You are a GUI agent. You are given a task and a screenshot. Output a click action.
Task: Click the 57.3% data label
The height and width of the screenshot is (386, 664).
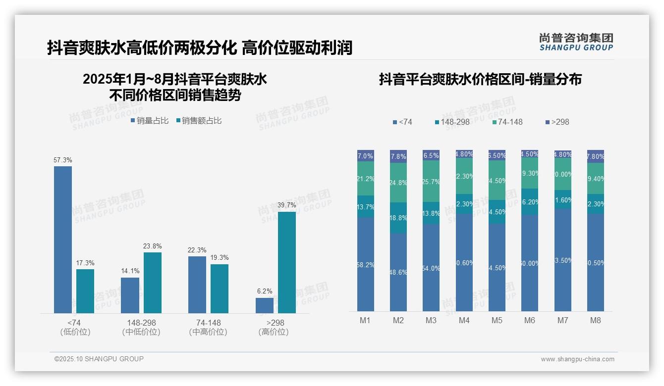tap(63, 160)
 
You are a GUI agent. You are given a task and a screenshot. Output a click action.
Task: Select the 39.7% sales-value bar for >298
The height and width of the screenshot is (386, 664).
tap(287, 262)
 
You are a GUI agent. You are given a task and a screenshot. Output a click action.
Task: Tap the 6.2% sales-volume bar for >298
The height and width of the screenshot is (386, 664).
tap(265, 305)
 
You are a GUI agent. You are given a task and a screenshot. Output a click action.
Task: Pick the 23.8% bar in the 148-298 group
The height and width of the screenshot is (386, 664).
tap(153, 283)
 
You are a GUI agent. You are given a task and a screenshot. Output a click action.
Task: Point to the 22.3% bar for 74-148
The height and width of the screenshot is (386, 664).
tap(197, 285)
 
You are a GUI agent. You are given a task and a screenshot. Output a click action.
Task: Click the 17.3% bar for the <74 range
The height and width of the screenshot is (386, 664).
tap(85, 291)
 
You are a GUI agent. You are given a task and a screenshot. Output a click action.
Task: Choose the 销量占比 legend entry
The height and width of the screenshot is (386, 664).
tap(150, 121)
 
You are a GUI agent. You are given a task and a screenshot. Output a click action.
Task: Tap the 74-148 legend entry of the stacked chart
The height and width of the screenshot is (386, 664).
tap(508, 122)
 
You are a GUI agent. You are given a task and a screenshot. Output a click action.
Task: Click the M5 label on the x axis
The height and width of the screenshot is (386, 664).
tap(497, 320)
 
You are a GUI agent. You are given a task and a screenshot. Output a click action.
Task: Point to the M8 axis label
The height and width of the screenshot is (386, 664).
tap(596, 320)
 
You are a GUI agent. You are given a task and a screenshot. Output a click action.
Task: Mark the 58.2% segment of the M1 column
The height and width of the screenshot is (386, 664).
tap(366, 264)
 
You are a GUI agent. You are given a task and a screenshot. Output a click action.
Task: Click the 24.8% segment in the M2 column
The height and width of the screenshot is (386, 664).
tap(398, 183)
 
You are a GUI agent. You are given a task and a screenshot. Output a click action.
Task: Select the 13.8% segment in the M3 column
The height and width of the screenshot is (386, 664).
tap(431, 213)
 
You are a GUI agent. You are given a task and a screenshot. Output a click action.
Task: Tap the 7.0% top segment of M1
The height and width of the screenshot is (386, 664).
tap(366, 156)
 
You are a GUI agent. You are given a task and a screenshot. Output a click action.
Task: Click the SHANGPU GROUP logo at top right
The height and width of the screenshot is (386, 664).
tap(576, 42)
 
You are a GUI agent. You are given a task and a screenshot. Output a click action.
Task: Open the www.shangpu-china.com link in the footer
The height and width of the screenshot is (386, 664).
tap(577, 359)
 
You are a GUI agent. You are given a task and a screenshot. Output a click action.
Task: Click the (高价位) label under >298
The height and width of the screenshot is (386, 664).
tap(274, 332)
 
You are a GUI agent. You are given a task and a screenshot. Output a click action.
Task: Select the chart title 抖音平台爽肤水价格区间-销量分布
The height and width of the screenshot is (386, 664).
tap(480, 80)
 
